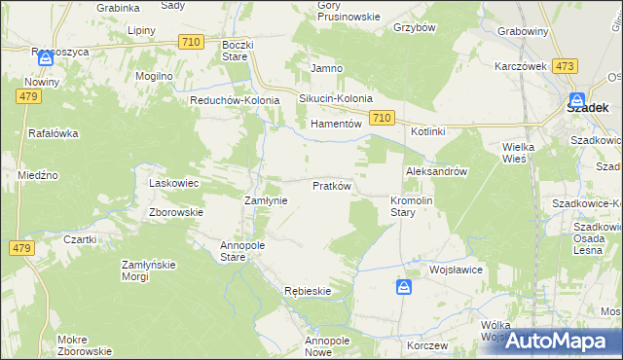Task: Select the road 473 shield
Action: [x=564, y=66]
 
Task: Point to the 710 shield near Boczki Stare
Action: [x=192, y=41]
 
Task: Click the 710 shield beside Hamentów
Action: [x=382, y=118]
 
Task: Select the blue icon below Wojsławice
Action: [x=404, y=287]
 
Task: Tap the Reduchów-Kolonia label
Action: [x=235, y=99]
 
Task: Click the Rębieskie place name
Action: [x=308, y=291]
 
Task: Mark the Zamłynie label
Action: [x=264, y=199]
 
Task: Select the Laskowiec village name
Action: [x=173, y=183]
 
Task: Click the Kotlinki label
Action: [x=427, y=131]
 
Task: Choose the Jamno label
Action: [x=324, y=68]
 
